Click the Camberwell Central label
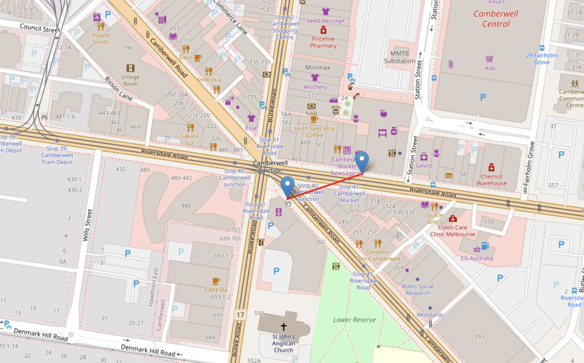click(x=496, y=19)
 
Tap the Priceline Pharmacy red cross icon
click(x=323, y=30)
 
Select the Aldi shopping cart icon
click(x=490, y=59)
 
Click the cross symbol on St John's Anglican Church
click(x=283, y=327)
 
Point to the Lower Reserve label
click(x=354, y=320)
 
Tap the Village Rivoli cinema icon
click(x=130, y=68)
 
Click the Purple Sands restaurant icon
click(x=101, y=26)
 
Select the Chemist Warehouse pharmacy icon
click(x=491, y=167)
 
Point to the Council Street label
click(x=40, y=28)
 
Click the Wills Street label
click(x=88, y=225)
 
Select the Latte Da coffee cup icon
click(x=216, y=281)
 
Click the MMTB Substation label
click(x=399, y=57)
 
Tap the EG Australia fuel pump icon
click(x=485, y=246)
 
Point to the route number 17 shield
click(x=240, y=315)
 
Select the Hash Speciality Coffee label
click(x=314, y=132)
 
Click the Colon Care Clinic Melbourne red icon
click(x=453, y=218)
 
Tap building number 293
click(x=479, y=337)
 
